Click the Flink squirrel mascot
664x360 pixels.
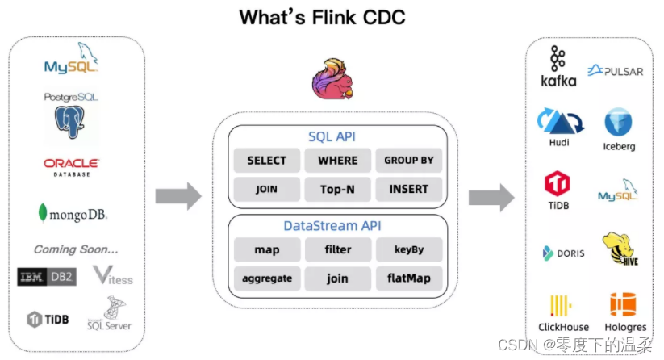pos(333,79)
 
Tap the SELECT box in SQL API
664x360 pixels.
pos(267,161)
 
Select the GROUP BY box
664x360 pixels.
pos(409,161)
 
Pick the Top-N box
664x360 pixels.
pos(337,189)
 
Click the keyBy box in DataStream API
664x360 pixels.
pos(409,249)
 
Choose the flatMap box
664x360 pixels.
pos(409,278)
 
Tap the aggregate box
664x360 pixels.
pos(267,278)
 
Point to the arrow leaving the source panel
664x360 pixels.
pos(178,196)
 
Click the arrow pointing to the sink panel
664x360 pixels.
pos(491,198)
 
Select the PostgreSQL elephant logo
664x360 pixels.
pos(69,122)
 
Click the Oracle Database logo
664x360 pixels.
pos(72,167)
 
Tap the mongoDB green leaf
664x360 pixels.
pos(42,212)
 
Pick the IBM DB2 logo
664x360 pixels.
pos(47,277)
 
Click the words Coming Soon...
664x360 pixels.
pos(76,249)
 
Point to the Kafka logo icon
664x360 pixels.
pos(558,58)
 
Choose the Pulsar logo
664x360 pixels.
pos(616,71)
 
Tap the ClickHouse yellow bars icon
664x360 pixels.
pos(561,305)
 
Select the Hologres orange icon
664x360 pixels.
pos(623,304)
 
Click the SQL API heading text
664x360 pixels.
pos(332,136)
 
